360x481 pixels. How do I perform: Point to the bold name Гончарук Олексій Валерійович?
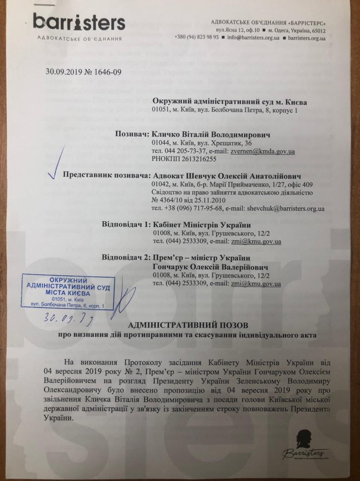click(x=210, y=266)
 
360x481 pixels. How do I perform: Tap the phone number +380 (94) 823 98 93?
click(x=196, y=38)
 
